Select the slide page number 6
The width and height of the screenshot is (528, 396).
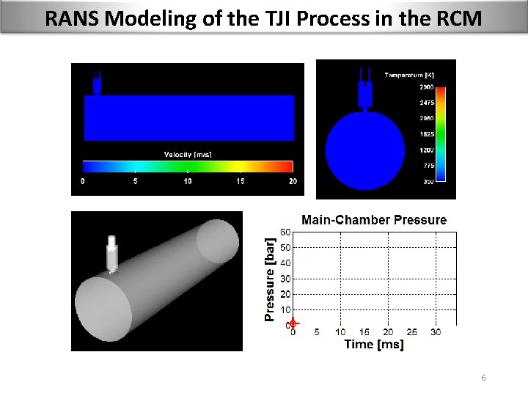click(483, 377)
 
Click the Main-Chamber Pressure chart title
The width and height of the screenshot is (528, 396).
click(374, 219)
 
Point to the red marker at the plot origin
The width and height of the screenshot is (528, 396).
click(293, 323)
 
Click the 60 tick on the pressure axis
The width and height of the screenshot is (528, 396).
click(286, 232)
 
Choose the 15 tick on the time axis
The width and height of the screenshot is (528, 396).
click(364, 332)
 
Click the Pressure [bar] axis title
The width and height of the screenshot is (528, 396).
click(270, 278)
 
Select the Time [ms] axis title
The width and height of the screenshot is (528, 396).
click(374, 345)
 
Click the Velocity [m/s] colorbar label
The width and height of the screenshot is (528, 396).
click(187, 153)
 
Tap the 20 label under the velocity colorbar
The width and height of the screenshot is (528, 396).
click(293, 181)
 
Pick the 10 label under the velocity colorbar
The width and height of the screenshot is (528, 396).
click(188, 181)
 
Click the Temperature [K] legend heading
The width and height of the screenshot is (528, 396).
click(414, 74)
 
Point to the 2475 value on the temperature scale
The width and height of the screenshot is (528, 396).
click(426, 102)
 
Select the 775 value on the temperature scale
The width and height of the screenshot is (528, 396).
click(426, 166)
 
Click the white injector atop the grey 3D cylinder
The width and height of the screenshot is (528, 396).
click(112, 252)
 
